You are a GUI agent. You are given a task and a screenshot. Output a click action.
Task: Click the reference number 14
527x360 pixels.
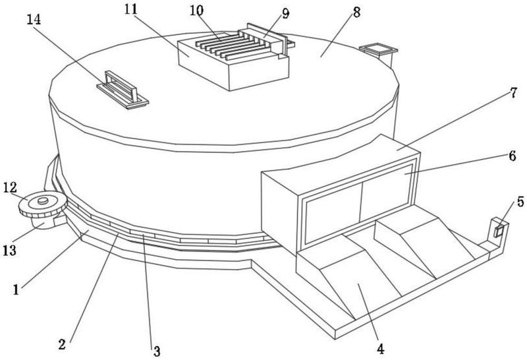[34, 20]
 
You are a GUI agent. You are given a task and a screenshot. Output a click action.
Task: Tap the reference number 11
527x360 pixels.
[131, 9]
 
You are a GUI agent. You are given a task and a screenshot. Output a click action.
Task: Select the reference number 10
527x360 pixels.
[196, 11]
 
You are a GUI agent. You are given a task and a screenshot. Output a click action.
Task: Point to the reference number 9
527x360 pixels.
[285, 13]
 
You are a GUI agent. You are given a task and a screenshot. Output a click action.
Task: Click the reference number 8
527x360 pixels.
[356, 12]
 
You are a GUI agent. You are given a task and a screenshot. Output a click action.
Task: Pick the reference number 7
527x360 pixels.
[513, 92]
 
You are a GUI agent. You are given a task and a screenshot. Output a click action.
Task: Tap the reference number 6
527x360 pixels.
[513, 156]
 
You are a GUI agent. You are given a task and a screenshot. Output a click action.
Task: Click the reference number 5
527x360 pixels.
[520, 202]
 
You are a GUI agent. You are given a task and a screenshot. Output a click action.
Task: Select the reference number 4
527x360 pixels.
[380, 349]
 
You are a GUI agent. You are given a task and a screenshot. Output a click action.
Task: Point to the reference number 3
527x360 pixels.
[157, 351]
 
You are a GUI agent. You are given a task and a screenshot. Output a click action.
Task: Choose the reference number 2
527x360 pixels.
[62, 344]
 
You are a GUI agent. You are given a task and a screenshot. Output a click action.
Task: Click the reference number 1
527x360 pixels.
[16, 289]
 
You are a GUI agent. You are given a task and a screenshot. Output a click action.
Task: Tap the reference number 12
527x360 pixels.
[10, 188]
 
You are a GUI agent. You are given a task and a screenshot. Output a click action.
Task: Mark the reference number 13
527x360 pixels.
[9, 251]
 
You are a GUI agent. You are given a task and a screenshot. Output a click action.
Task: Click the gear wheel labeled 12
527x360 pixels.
[43, 204]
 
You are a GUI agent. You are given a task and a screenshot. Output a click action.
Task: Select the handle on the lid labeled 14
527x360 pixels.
[122, 90]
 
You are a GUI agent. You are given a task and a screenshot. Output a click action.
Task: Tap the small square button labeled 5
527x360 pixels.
[499, 231]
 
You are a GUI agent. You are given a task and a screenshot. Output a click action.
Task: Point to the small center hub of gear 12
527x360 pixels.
[43, 201]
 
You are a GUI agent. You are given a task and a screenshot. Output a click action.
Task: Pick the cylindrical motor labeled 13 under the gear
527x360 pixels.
[42, 222]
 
